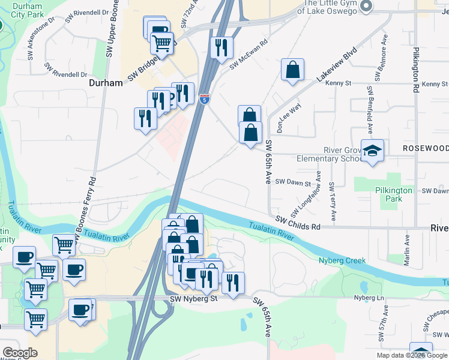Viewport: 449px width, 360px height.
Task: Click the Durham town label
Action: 106,83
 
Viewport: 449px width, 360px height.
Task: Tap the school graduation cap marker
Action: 372,151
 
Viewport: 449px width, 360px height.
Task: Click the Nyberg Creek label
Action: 346,260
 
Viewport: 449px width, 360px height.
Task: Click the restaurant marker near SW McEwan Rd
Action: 221,47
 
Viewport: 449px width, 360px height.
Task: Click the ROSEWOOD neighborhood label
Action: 425,148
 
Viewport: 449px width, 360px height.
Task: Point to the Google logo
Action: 19,353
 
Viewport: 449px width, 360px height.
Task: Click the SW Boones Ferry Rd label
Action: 92,204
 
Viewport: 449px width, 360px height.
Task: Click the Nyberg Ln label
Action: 369,298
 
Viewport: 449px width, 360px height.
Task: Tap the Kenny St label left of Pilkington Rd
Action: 337,83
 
